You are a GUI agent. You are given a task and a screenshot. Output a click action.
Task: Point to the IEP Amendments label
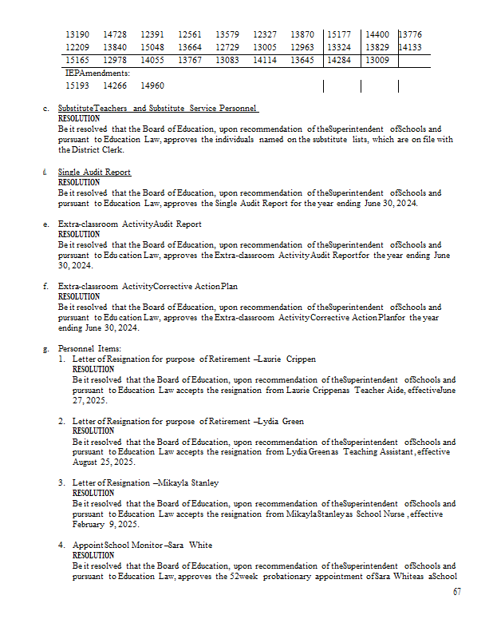(97, 73)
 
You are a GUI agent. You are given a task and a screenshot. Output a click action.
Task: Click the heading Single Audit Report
(94, 173)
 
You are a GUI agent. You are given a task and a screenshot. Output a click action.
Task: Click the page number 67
(456, 592)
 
